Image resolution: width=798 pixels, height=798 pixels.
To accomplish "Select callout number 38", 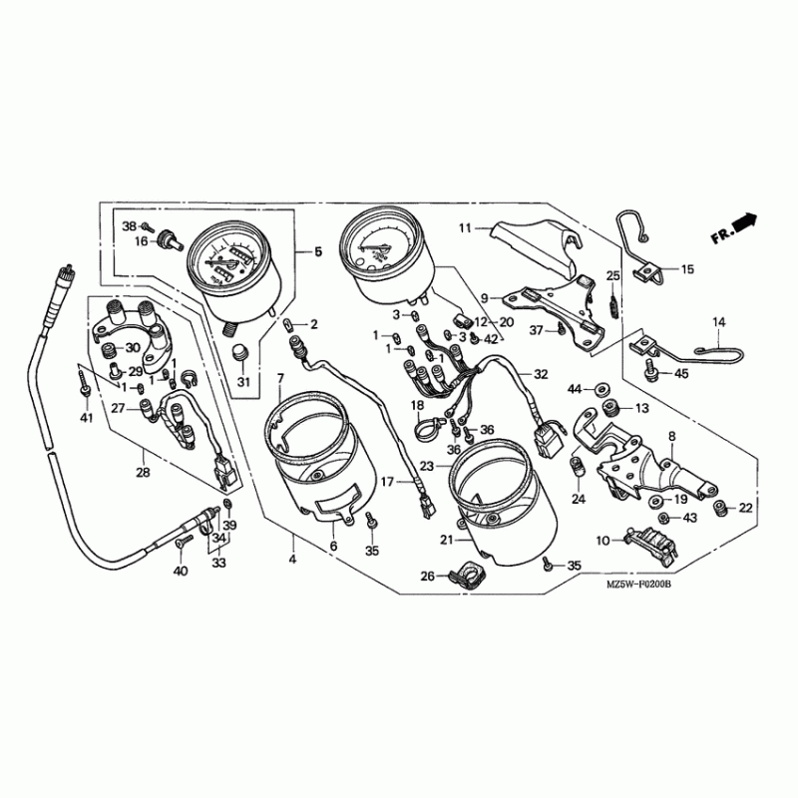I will pyautogui.click(x=129, y=227).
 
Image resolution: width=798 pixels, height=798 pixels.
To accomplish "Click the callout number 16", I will pyautogui.click(x=142, y=242).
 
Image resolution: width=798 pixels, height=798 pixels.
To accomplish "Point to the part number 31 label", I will pyautogui.click(x=240, y=383).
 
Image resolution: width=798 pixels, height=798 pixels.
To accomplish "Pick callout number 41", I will pyautogui.click(x=86, y=418).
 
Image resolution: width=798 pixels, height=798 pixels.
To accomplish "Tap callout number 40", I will pyautogui.click(x=180, y=572).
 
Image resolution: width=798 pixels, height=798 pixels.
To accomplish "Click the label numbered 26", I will pyautogui.click(x=428, y=576).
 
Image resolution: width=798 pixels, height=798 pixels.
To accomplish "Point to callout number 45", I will pyautogui.click(x=681, y=374).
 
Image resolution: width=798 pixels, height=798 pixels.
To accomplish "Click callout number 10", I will pyautogui.click(x=602, y=541).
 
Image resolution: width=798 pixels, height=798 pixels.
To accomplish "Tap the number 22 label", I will pyautogui.click(x=745, y=509).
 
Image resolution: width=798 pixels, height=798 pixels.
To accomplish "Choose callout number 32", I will pyautogui.click(x=541, y=375).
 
